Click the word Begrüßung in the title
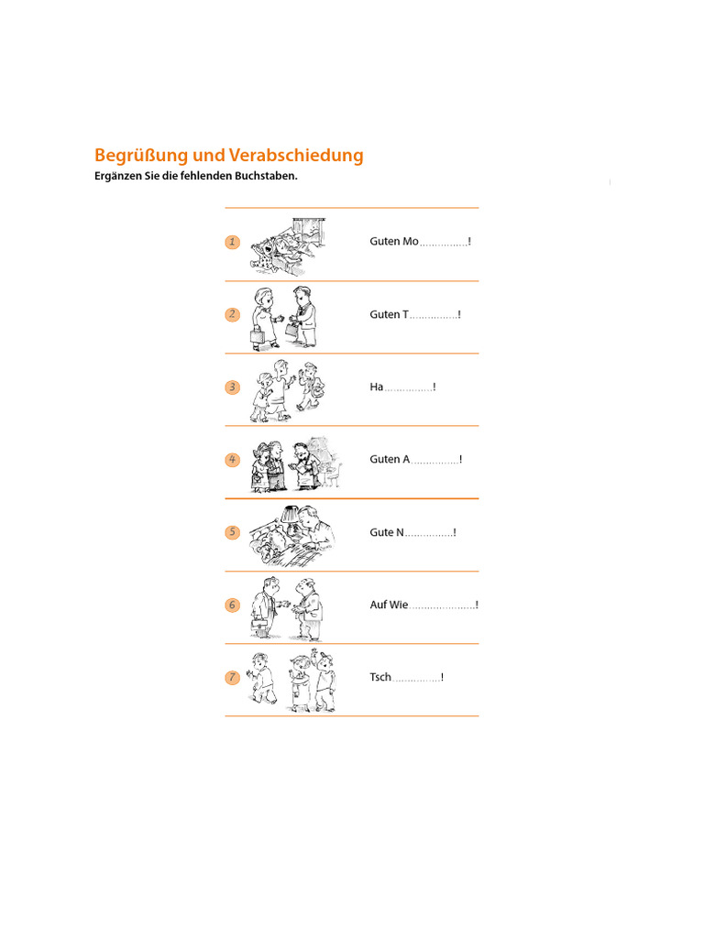[x=141, y=156]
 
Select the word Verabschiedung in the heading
[x=296, y=155]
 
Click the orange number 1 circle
[x=232, y=242]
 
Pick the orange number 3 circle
[x=232, y=387]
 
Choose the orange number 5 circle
[x=232, y=532]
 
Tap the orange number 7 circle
[x=232, y=677]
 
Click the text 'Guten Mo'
[x=394, y=241]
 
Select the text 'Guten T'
[x=389, y=314]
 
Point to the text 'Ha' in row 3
[x=376, y=387]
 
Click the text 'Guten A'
[x=390, y=459]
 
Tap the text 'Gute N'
[x=387, y=532]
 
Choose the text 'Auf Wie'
[x=389, y=605]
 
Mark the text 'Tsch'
[x=380, y=677]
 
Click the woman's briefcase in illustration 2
[x=257, y=335]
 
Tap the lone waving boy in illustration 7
[x=261, y=678]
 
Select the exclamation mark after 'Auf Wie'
[x=477, y=605]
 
